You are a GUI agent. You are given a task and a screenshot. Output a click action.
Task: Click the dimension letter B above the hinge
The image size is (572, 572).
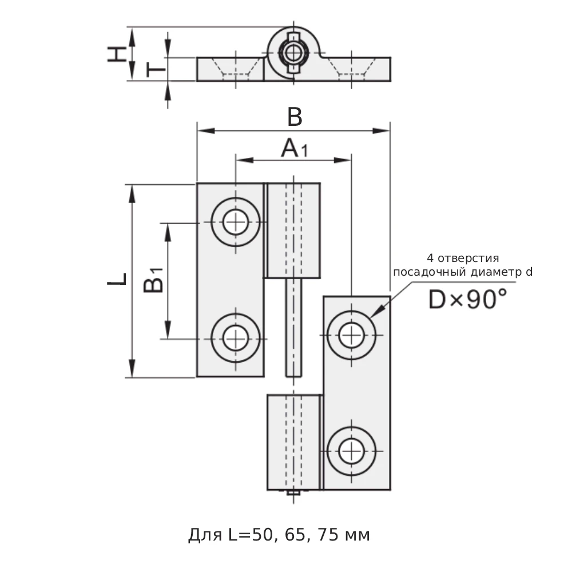pyautogui.click(x=294, y=117)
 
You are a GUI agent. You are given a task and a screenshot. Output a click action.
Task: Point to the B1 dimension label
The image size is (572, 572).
pyautogui.click(x=153, y=280)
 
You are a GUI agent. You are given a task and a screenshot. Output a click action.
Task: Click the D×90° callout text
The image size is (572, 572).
pyautogui.click(x=467, y=299)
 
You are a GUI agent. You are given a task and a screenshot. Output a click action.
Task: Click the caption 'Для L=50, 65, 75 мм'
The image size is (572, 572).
pyautogui.click(x=279, y=535)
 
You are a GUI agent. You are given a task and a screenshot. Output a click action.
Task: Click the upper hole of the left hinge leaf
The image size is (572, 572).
pyautogui.click(x=236, y=222)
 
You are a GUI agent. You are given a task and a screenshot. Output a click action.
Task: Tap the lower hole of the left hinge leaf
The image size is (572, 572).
pyautogui.click(x=236, y=337)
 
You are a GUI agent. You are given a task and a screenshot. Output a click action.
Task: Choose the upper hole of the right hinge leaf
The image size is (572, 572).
pyautogui.click(x=351, y=335)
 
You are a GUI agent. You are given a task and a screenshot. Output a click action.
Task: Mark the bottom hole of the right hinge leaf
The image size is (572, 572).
pyautogui.click(x=351, y=451)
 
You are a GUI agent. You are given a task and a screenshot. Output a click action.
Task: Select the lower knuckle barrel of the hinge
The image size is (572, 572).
pyautogui.click(x=293, y=442)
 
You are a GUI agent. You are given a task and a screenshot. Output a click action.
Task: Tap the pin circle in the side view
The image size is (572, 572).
pyautogui.click(x=293, y=53)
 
